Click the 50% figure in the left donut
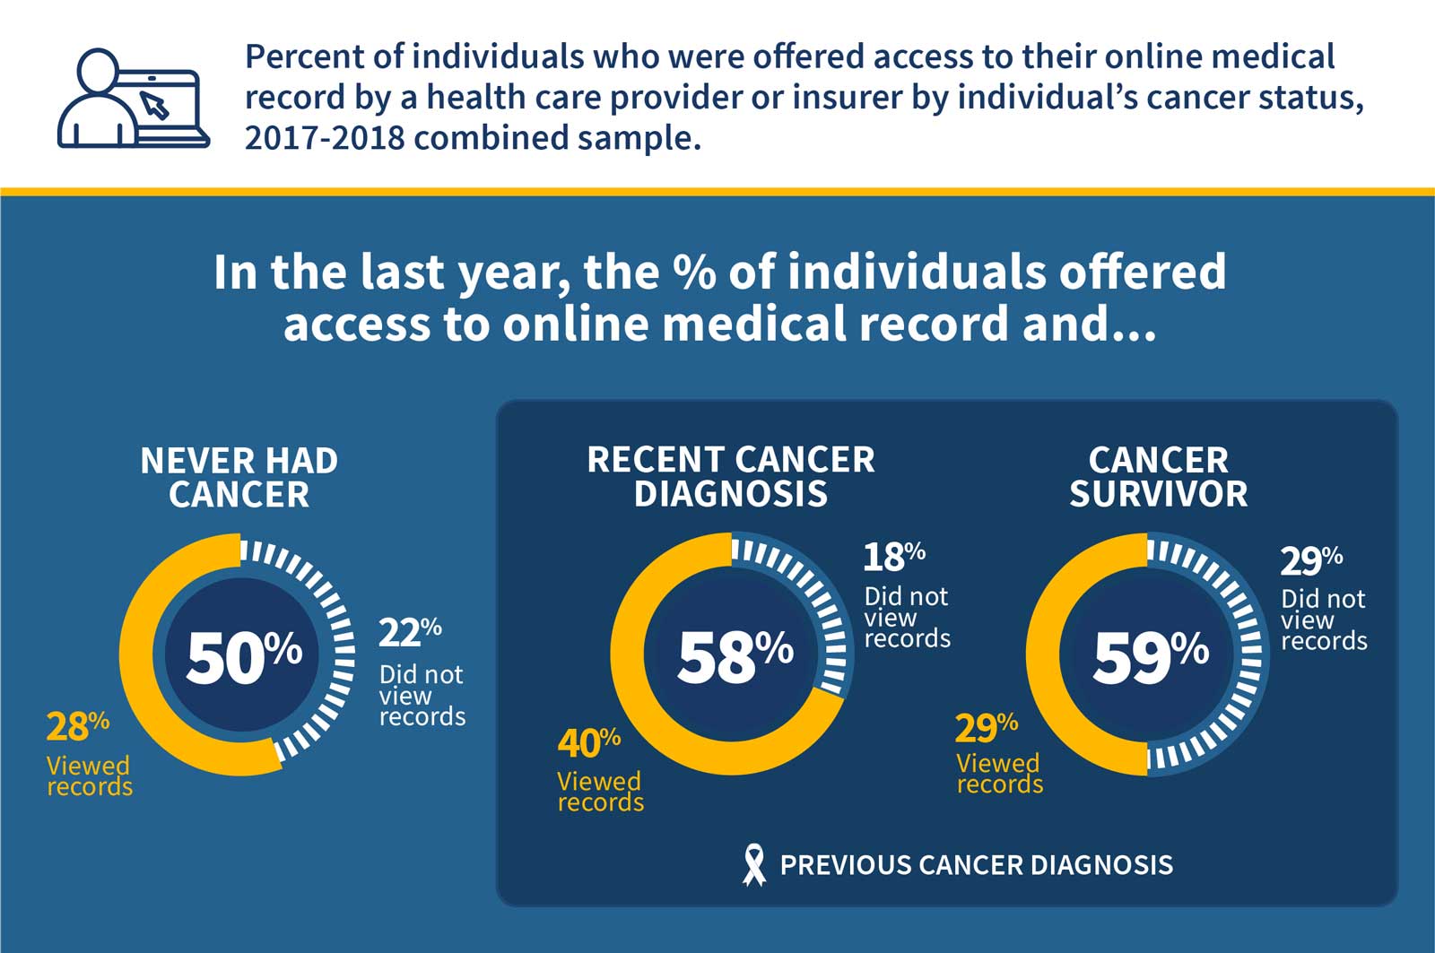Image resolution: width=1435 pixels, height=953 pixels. tap(243, 656)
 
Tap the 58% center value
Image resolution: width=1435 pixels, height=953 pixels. tap(735, 656)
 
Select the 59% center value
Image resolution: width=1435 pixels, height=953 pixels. tap(1150, 656)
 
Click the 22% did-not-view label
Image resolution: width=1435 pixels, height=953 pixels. tap(409, 633)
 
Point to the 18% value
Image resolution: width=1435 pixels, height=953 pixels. tap(893, 557)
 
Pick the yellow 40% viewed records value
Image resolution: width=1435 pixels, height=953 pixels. tap(588, 743)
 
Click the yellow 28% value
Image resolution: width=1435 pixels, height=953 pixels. tap(77, 727)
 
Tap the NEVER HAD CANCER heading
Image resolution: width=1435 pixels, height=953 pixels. tap(239, 477)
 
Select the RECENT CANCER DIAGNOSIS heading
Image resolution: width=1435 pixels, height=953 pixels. tap(730, 476)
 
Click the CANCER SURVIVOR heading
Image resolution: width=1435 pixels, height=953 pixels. tap(1158, 476)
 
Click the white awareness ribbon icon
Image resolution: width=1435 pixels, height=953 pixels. tap(754, 865)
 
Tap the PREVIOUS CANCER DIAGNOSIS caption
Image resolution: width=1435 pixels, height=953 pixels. tap(976, 865)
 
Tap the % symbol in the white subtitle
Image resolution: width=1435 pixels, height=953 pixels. tap(694, 272)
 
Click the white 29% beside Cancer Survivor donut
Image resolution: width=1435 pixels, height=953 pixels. tap(1310, 560)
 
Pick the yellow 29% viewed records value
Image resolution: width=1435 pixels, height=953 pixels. tap(986, 728)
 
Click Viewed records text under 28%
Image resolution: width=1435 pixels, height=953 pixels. tap(89, 776)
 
